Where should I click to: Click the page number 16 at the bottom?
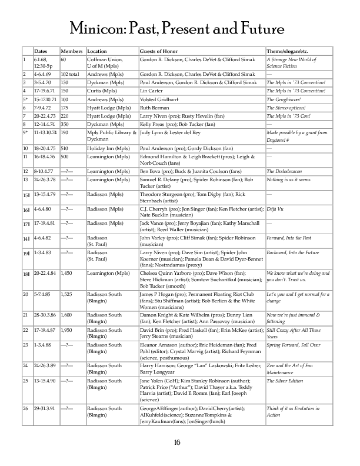coord(179,442)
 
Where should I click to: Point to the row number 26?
coord(25,408)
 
